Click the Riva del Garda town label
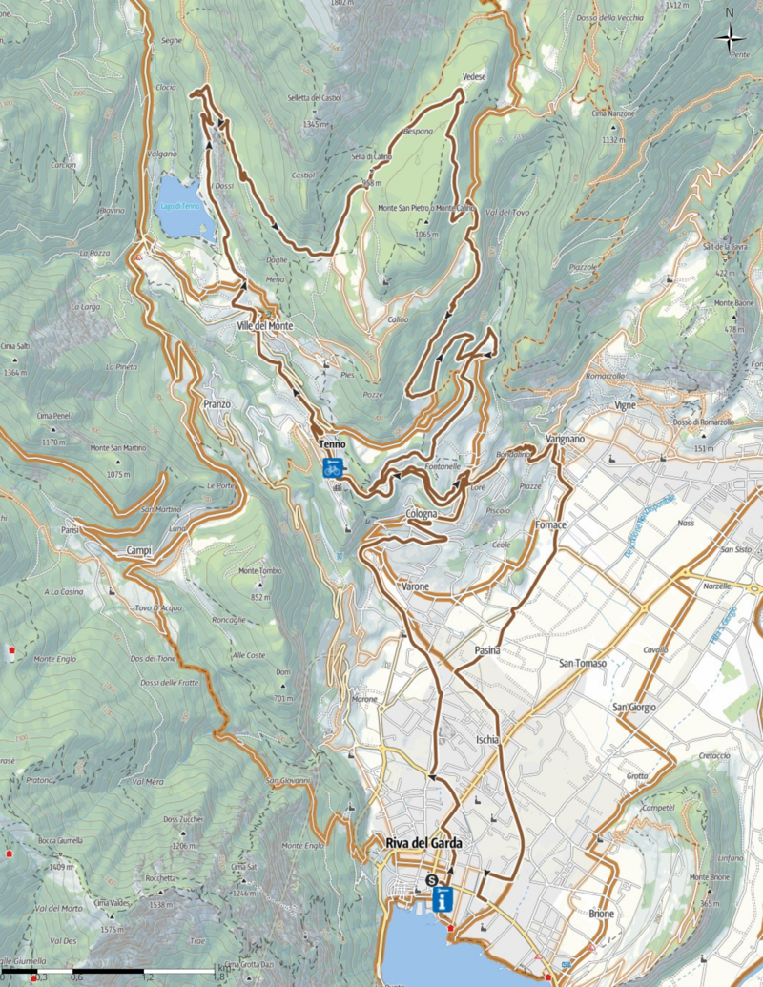point(424,843)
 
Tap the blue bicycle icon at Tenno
point(333,467)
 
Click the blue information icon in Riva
point(443,899)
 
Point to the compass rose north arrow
point(731,37)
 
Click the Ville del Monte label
point(265,326)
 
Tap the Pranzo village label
point(217,404)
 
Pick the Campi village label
point(138,551)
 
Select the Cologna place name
point(421,514)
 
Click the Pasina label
point(488,650)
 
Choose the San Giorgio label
point(634,707)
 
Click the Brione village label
point(601,914)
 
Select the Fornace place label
point(551,525)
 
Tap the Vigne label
point(625,405)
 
